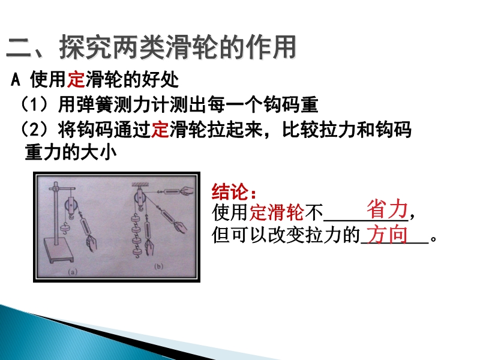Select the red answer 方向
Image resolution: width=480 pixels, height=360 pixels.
point(386,234)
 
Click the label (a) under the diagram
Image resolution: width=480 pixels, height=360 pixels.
point(73,271)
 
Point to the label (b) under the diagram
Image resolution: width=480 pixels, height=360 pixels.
point(158,266)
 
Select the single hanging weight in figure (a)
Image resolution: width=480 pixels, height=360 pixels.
point(65,228)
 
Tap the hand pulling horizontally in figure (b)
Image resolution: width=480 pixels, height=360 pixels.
point(187,191)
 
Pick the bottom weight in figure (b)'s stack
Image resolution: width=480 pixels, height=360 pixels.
point(137,252)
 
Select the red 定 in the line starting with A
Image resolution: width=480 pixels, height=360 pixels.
point(76,80)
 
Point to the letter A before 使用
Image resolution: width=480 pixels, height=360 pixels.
point(16,80)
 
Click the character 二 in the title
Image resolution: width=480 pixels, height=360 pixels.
point(19,47)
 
